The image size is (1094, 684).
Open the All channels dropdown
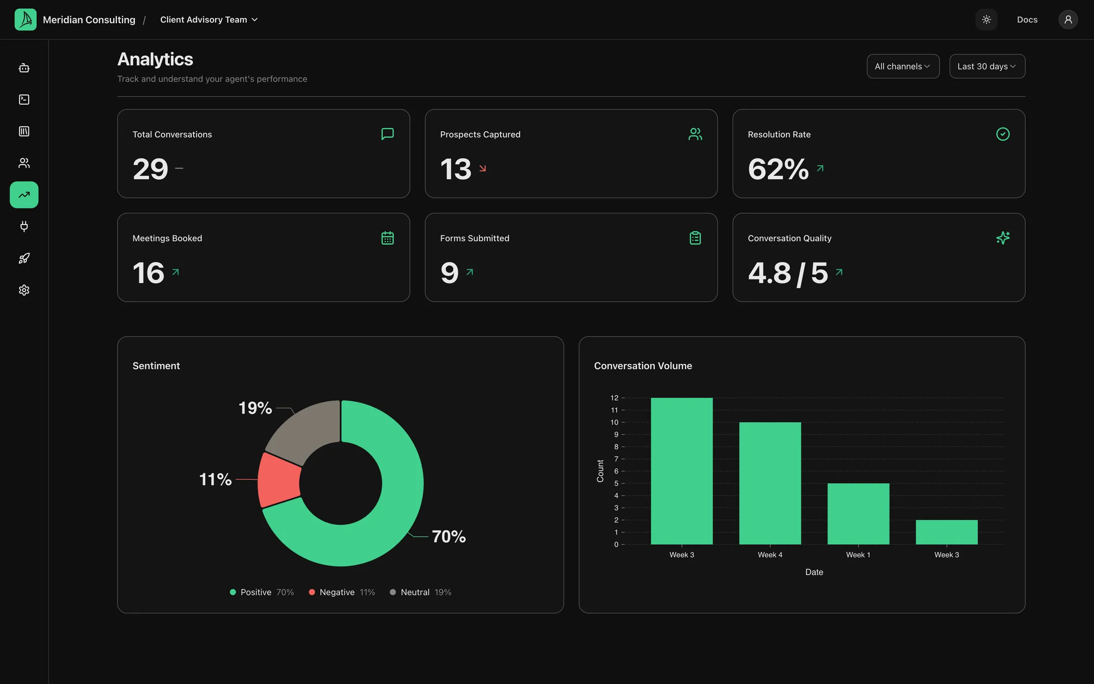pyautogui.click(x=903, y=66)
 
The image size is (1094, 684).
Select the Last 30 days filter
pyautogui.click(x=987, y=66)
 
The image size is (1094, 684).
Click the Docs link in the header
pyautogui.click(x=1027, y=20)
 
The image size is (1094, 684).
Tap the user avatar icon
pyautogui.click(x=1068, y=20)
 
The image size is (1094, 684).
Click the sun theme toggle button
pyautogui.click(x=986, y=20)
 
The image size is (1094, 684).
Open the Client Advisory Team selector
pyautogui.click(x=209, y=20)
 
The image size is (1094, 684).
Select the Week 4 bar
pyautogui.click(x=770, y=483)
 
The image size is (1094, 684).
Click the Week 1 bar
pyautogui.click(x=858, y=514)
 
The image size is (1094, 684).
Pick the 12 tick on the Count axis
pyautogui.click(x=614, y=398)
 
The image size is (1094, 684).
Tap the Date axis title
pyautogui.click(x=814, y=572)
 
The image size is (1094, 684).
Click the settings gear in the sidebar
pyautogui.click(x=24, y=290)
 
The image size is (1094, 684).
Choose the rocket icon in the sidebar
pyautogui.click(x=24, y=258)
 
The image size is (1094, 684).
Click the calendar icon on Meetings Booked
pyautogui.click(x=388, y=238)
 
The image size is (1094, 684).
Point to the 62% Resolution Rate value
pyautogui.click(x=778, y=169)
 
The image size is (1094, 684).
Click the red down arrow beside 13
pyautogui.click(x=482, y=168)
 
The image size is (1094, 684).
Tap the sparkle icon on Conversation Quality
pyautogui.click(x=1003, y=238)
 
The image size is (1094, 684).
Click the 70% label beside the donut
pyautogui.click(x=449, y=536)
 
